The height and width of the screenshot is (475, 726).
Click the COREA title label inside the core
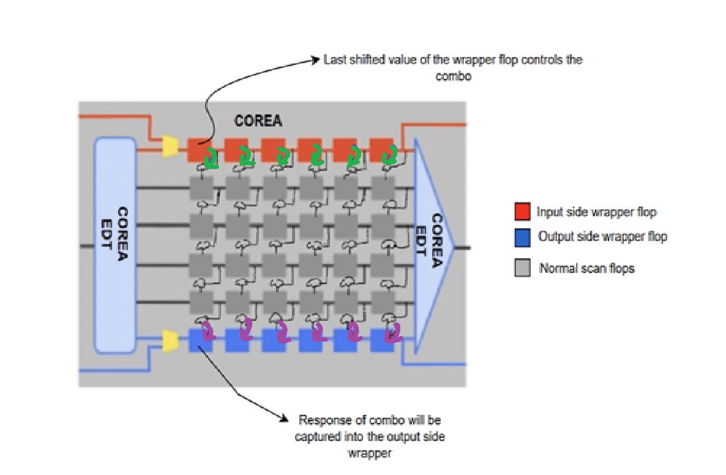pyautogui.click(x=258, y=121)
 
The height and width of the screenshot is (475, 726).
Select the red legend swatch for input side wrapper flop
pyautogui.click(x=522, y=211)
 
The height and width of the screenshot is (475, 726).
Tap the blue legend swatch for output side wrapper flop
pyautogui.click(x=522, y=238)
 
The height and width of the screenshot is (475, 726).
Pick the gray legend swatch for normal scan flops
pyautogui.click(x=522, y=267)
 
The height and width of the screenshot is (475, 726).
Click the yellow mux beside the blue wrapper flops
pyautogui.click(x=170, y=341)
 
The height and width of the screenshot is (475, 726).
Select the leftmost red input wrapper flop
pyautogui.click(x=199, y=149)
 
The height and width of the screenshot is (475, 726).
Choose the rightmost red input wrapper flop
pyautogui.click(x=381, y=149)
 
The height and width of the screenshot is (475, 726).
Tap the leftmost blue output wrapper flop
pyautogui.click(x=201, y=340)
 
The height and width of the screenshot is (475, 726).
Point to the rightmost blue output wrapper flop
pyautogui.click(x=383, y=340)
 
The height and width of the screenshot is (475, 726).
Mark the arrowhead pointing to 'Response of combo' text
pyautogui.click(x=284, y=419)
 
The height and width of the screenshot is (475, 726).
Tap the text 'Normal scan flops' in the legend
pyautogui.click(x=586, y=268)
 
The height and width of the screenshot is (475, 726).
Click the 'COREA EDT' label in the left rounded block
pyautogui.click(x=115, y=233)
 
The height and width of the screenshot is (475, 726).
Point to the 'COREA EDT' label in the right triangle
pyautogui.click(x=429, y=241)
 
